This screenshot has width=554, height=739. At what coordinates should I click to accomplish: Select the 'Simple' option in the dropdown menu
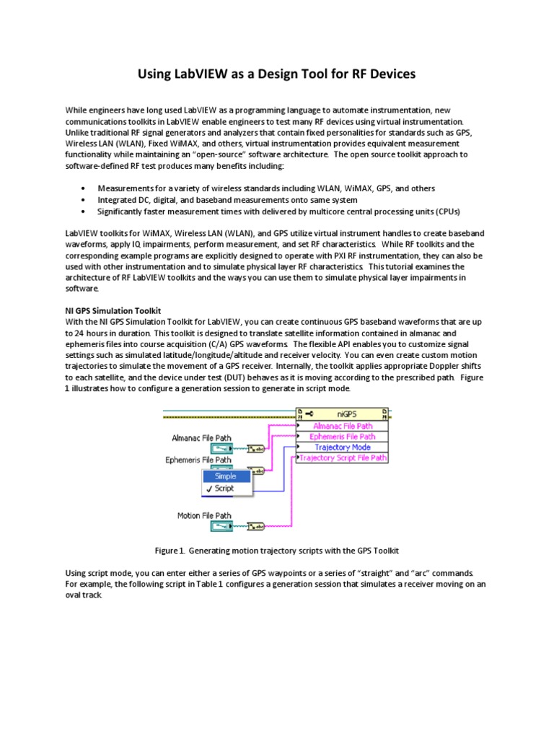click(227, 476)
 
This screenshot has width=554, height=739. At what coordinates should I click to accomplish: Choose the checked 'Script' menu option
click(224, 489)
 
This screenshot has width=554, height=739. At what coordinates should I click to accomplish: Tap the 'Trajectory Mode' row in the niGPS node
click(343, 447)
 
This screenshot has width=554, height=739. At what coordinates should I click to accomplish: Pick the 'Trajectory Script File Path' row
click(343, 458)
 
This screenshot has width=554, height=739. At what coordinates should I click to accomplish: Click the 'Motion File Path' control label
click(204, 515)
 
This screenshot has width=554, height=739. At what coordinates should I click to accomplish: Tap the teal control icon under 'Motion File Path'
click(222, 526)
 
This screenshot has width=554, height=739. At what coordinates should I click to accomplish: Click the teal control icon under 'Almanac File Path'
click(222, 448)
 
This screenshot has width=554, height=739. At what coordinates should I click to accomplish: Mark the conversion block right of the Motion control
click(256, 526)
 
